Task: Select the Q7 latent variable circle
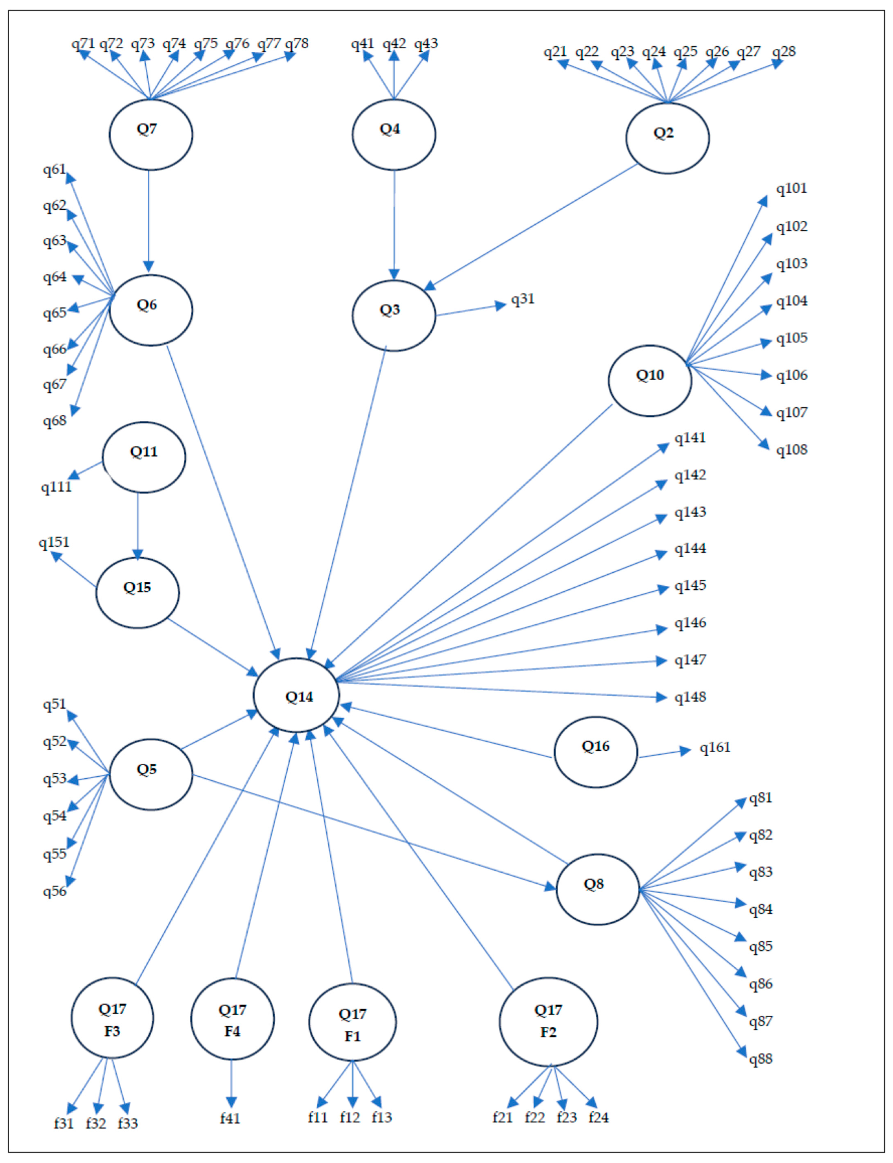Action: coord(151,134)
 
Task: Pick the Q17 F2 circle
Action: coord(548,1021)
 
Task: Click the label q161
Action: coord(715,748)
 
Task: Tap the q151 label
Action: coord(54,542)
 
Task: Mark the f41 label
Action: coord(230,1118)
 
